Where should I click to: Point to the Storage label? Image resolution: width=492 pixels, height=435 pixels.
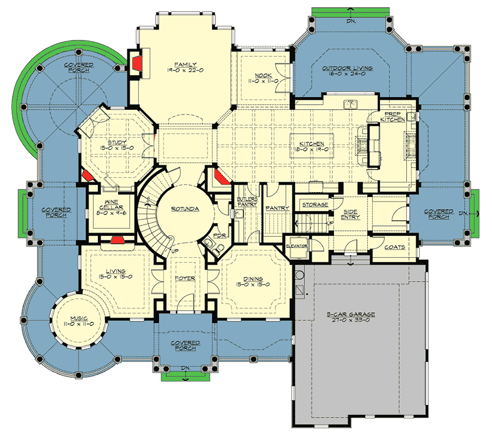tap(315, 205)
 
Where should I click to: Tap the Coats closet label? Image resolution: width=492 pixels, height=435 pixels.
tap(394, 247)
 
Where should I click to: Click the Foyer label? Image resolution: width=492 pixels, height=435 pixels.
tap(185, 278)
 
